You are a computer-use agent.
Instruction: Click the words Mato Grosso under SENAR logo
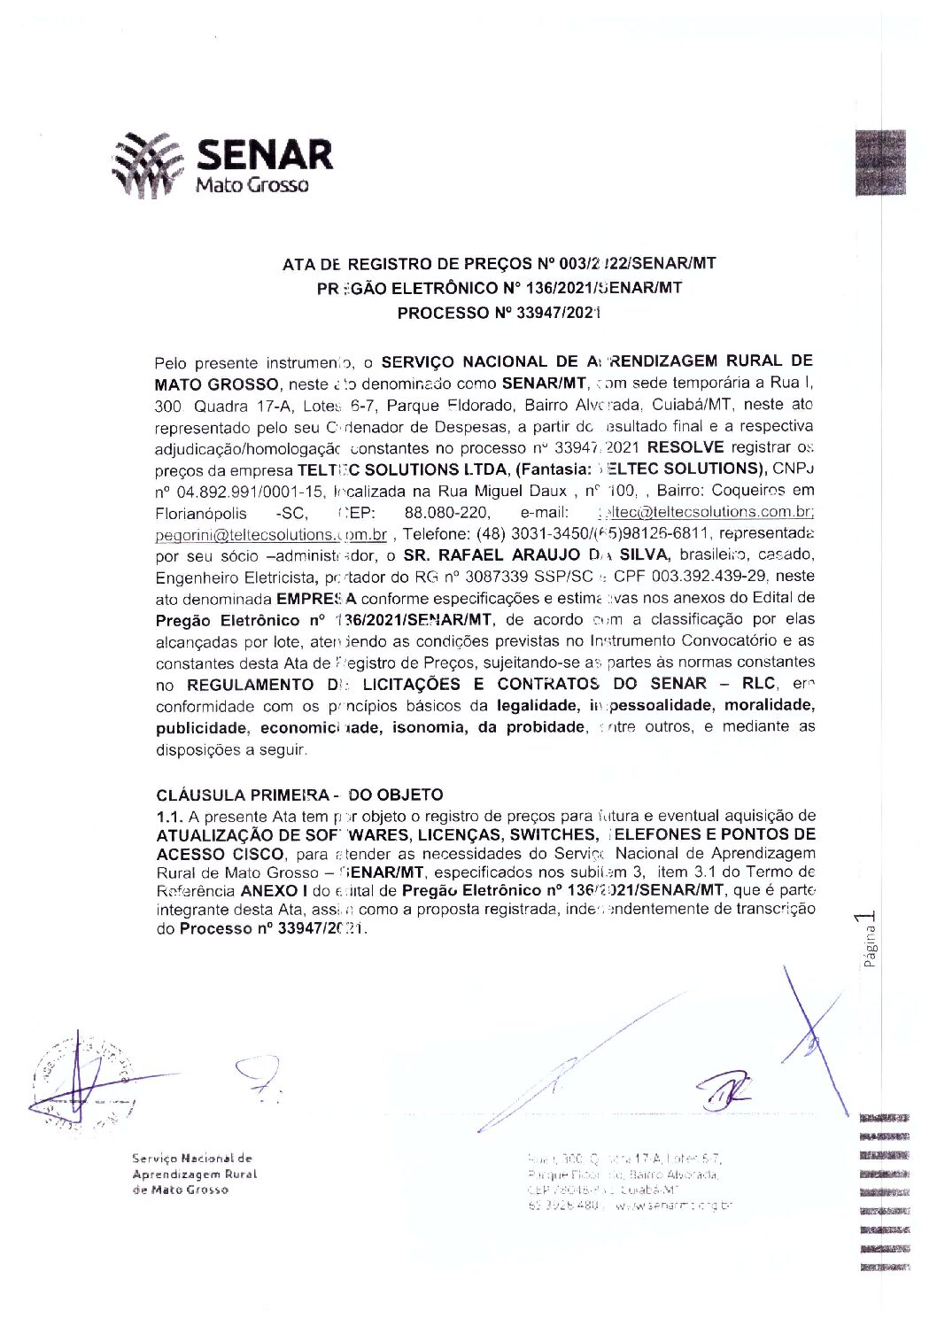click(252, 186)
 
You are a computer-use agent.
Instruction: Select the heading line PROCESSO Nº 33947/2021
click(499, 313)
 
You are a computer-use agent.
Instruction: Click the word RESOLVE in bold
click(685, 447)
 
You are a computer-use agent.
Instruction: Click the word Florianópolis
click(201, 514)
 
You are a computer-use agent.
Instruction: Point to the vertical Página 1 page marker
click(869, 940)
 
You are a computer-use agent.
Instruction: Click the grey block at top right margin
click(880, 163)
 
